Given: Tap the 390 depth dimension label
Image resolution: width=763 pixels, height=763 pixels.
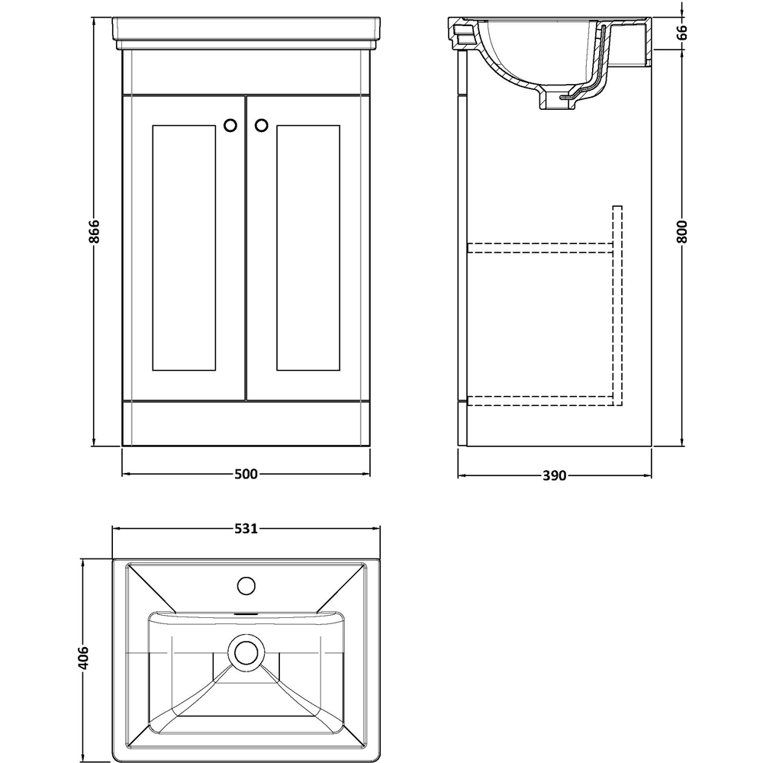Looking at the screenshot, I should coord(554,476).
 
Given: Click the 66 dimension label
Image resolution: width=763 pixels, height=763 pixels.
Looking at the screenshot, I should coord(681,32).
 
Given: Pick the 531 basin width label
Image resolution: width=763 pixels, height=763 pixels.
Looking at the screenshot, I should coord(246,528).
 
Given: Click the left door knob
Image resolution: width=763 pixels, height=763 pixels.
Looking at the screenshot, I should coord(230,125).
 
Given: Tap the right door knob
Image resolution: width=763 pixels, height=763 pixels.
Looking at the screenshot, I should coord(261,125).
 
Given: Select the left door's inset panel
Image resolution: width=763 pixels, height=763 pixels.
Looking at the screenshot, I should coord(185,248).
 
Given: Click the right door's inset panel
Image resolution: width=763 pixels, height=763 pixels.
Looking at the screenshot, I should coord(307,248).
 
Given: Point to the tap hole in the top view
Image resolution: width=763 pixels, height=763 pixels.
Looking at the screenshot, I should coord(246,586).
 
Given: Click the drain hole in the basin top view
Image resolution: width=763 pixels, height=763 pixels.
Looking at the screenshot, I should coord(246,652).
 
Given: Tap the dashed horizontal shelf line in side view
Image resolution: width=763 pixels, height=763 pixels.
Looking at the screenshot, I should coord(540,246).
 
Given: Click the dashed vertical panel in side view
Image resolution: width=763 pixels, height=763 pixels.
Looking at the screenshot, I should coord(617,305).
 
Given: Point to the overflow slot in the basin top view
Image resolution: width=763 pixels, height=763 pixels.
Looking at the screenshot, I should coord(246,613).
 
